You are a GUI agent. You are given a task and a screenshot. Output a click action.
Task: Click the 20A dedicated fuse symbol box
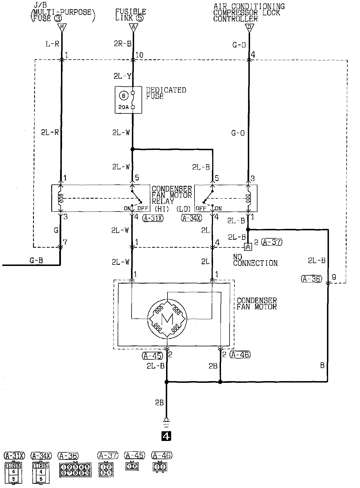coord(128,100)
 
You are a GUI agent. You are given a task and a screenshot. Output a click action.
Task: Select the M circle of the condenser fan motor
coord(167,319)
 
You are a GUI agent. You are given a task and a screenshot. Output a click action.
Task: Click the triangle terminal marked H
coord(62,27)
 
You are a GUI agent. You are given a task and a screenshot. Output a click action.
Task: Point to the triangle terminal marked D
coord(249,28)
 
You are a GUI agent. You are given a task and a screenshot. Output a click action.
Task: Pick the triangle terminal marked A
coord(133,27)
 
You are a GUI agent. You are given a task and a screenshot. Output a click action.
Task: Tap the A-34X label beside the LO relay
coord(191,218)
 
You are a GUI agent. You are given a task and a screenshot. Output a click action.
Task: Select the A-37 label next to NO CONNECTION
coord(272,242)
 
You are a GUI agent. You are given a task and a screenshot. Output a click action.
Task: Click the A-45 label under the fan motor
coord(152,355)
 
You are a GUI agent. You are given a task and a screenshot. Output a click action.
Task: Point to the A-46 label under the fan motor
coord(240,355)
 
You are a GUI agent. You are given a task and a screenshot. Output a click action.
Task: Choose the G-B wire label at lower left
coord(36,260)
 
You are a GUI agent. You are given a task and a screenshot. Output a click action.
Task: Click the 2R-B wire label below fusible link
coord(123,44)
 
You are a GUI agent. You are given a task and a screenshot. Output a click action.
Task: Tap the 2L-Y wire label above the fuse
coord(122,76)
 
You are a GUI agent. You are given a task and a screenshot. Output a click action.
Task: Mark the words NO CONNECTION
coord(255,260)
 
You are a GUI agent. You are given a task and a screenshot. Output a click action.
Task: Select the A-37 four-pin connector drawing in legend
coord(106,469)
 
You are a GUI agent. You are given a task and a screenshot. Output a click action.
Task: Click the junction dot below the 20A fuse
coord(132,149)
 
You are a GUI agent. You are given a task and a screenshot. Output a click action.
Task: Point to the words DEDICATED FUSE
coord(166,93)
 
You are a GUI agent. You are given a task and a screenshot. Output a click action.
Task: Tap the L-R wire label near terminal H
coord(52,44)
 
